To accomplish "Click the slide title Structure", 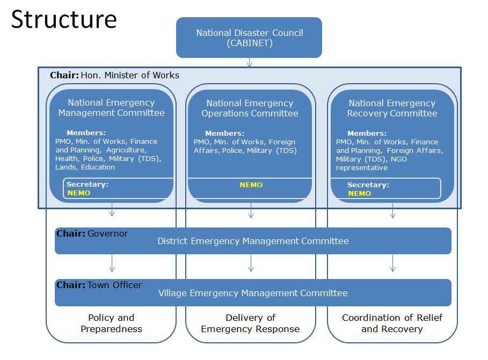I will pos(64,19).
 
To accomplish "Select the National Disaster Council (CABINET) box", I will pos(249,38).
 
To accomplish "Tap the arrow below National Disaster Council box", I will pos(250,62).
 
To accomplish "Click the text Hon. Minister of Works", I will pos(130,75).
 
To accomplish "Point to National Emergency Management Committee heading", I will pos(111,108).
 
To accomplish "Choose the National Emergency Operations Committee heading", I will pos(250,108).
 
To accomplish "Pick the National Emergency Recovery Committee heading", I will pos(392,108).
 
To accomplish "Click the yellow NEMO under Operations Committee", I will pos(251,185).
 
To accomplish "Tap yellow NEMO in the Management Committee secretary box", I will pos(79,193).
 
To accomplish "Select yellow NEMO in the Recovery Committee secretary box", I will pos(359,194).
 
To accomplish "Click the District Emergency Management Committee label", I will pos(253,241).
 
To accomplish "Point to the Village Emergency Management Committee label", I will pos(253,293).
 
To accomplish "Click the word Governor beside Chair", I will pos(108,233).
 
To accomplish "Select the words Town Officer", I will pos(115,285).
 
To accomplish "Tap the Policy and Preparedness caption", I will pos(111,323).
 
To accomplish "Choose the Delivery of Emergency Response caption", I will pos(250,323).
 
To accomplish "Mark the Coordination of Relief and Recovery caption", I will pos(392,323).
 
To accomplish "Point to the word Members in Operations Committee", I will pos(224,134).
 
